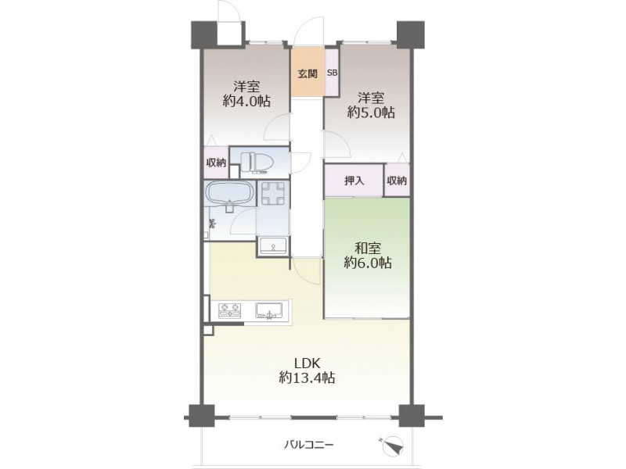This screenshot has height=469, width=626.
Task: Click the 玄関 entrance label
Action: [x=308, y=73]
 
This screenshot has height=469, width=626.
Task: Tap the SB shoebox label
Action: [x=332, y=73]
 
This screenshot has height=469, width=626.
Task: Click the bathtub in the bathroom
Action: [x=229, y=194]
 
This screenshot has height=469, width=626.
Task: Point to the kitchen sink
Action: [x=268, y=310]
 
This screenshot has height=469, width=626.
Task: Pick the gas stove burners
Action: [x=230, y=310]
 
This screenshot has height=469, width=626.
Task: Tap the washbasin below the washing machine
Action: [x=273, y=245]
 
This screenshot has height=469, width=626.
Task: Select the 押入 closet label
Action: [x=354, y=181]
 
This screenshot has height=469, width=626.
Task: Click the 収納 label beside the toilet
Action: [x=216, y=163]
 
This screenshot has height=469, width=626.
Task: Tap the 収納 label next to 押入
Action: [x=397, y=181]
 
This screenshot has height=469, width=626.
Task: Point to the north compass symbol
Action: [x=393, y=445]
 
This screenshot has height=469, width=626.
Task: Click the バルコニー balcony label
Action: [x=308, y=444]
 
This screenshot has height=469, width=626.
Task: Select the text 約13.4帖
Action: [x=307, y=378]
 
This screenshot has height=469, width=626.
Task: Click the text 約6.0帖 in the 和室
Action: [x=368, y=263]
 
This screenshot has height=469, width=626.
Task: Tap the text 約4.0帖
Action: [x=246, y=101]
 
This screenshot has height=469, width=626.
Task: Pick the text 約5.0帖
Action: [x=371, y=113]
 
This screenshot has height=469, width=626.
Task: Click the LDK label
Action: [x=307, y=363]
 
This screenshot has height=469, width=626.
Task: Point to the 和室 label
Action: [x=368, y=248]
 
